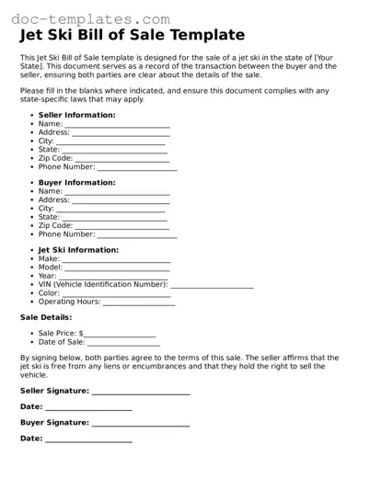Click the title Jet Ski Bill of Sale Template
pyautogui.click(x=133, y=36)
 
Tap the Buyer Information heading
pyautogui.click(x=76, y=182)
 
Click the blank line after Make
pyautogui.click(x=114, y=260)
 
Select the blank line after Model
pyautogui.click(x=117, y=268)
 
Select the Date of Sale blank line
pyautogui.click(x=123, y=343)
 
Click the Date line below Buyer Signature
pyautogui.click(x=88, y=440)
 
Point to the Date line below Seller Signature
pyautogui.click(x=88, y=408)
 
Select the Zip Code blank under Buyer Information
pyautogui.click(x=120, y=226)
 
